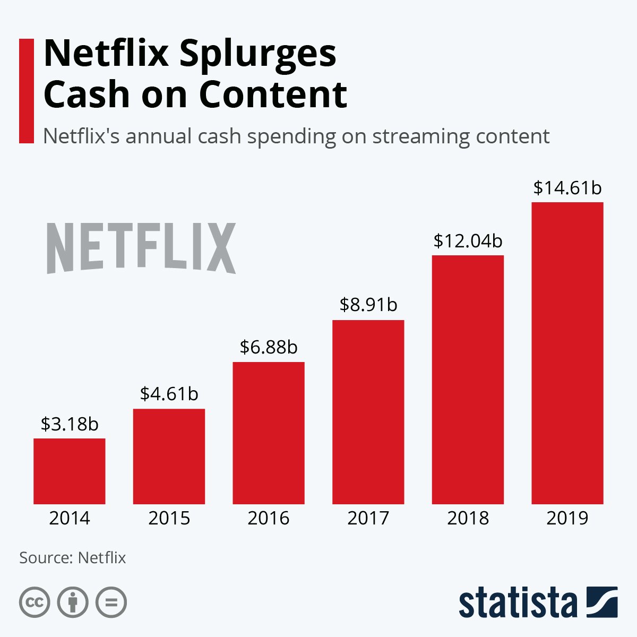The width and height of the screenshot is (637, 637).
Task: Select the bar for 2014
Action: (69, 471)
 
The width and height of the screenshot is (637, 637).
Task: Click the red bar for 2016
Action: (269, 433)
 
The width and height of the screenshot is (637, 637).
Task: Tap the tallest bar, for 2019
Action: (567, 353)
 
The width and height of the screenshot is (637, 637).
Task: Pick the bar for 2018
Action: (468, 380)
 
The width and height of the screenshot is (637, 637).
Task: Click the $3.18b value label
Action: (70, 425)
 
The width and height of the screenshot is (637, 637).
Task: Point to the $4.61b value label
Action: (169, 394)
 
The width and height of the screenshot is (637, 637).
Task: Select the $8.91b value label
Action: (368, 305)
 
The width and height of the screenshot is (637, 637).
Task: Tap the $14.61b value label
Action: (567, 188)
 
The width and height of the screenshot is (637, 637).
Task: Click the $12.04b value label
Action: (468, 241)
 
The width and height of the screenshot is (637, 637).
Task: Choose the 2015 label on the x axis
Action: (169, 518)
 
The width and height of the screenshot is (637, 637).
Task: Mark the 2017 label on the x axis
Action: (368, 518)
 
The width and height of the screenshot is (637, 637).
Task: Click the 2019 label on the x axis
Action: (567, 518)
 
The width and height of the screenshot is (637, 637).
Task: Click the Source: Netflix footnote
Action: (73, 558)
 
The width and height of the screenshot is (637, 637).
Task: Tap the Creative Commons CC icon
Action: (35, 602)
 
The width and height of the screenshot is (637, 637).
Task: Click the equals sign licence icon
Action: (111, 602)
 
